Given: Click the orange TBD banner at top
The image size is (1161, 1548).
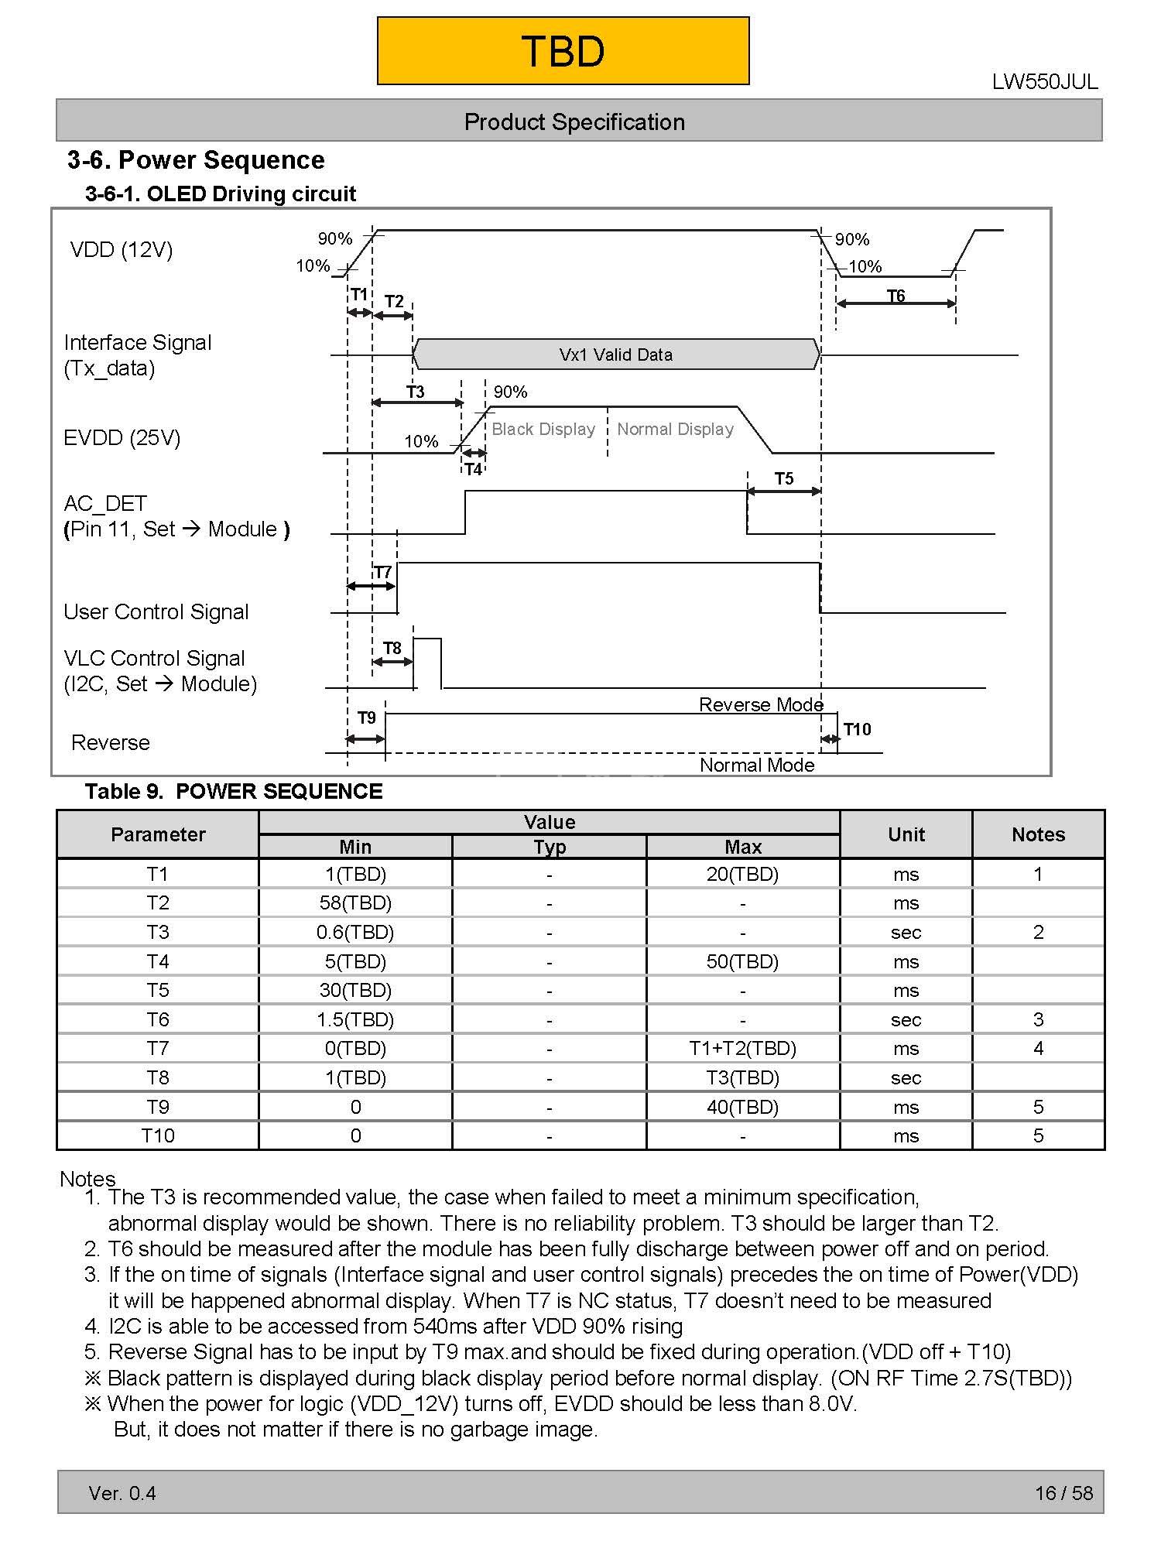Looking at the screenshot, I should point(563,51).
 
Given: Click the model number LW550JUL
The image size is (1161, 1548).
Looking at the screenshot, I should point(1044,82).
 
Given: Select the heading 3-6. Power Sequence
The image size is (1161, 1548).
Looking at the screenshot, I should point(196,160).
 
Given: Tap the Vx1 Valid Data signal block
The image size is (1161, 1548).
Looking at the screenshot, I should point(615,354).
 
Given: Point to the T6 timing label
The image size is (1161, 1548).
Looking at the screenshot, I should point(896,295).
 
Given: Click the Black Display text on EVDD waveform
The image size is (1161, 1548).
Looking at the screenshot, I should point(543,429).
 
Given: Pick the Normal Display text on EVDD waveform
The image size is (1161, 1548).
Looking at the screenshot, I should point(675,429).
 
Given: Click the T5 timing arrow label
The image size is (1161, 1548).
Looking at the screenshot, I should point(784,478).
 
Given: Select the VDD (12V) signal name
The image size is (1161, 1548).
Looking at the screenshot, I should point(122,249).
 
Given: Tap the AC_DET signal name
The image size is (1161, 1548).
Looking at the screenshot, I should point(105,504).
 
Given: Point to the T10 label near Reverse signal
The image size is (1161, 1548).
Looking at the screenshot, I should point(857,729).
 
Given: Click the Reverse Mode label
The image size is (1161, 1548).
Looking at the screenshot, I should point(760,704).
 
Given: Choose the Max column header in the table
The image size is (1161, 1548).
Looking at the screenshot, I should point(743,847).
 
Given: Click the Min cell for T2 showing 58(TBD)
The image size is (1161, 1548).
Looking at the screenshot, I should point(355,903).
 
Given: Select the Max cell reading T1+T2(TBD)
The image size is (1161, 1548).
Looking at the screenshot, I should point(743,1049).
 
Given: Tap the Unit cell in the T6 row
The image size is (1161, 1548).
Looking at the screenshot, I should point(906,1019).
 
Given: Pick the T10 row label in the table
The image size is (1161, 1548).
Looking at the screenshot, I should point(158,1136).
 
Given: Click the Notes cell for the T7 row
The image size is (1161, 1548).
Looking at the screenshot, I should point(1038,1049).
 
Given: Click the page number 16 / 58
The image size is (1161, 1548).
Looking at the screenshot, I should point(1063,1493).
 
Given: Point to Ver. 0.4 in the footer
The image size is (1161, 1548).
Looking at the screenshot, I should point(122,1493).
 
